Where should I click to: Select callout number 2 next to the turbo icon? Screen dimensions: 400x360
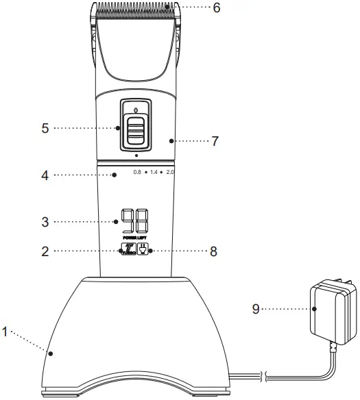coord(45,251)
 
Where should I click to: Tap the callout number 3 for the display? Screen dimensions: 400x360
coord(45,221)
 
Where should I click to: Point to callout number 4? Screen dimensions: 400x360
coord(45,175)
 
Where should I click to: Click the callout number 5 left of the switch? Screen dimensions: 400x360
coord(45,127)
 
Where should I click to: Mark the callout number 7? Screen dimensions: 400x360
coord(215,140)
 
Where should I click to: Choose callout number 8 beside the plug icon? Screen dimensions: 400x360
coord(213,251)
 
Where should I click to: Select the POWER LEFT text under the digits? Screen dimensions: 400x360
coord(134,237)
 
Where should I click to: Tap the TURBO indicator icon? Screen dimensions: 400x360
coord(128,249)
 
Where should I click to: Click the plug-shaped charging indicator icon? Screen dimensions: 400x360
coord(143,249)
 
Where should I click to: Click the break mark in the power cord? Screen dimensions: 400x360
coord(263,375)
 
